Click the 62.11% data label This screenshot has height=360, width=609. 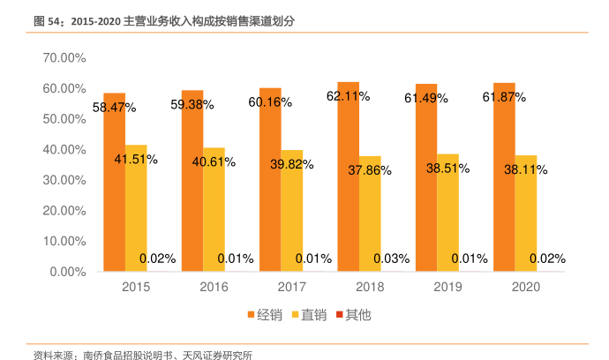(348, 96)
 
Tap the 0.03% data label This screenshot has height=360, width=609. (391, 259)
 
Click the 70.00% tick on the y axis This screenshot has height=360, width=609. (63, 57)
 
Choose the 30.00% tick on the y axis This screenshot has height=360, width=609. (63, 180)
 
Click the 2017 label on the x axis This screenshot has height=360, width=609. (291, 288)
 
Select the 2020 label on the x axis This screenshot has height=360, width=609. (525, 288)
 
